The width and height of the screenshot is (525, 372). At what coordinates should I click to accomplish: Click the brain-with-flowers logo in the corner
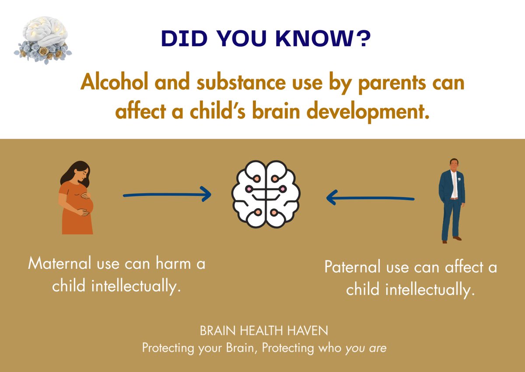(42, 42)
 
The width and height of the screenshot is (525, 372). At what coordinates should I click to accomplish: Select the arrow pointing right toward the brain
(168, 195)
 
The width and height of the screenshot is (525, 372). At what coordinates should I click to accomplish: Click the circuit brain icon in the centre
(266, 194)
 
